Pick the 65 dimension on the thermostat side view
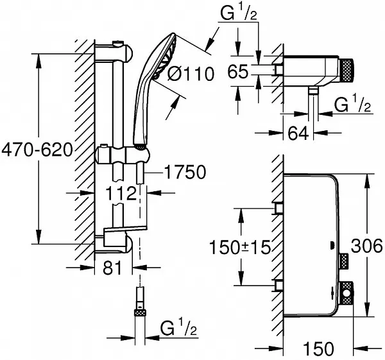pos(237,73)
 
